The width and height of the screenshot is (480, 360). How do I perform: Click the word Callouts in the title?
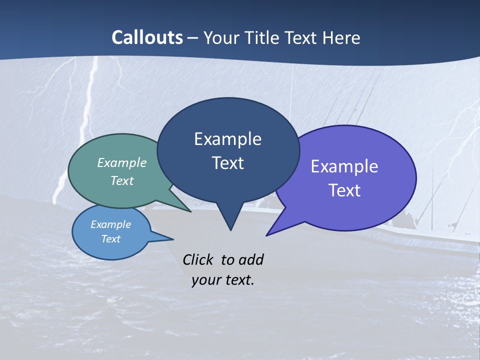147,37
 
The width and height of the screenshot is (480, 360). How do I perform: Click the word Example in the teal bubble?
122,162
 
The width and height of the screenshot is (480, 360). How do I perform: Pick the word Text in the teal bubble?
122,180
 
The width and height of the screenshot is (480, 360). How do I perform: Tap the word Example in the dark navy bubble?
227,139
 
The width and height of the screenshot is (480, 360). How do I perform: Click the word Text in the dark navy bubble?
227,163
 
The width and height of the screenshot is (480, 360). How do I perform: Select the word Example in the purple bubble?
344,166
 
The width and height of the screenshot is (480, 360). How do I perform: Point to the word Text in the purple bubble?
344,190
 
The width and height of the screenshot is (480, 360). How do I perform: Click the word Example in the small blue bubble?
111,224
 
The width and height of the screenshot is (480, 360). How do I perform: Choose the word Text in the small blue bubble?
111,239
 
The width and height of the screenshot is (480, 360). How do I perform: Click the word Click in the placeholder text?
198,259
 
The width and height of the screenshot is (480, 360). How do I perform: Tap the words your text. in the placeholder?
223,280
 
